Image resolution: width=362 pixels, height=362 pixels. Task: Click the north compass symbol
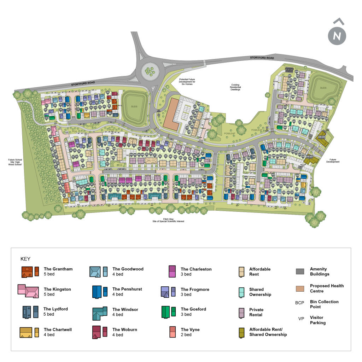[337, 36]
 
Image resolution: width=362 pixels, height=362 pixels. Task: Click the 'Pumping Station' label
[290, 70]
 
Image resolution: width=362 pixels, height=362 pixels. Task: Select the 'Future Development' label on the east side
[333, 160]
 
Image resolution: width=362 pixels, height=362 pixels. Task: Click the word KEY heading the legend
[25, 259]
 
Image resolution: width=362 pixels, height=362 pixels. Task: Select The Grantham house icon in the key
[30, 271]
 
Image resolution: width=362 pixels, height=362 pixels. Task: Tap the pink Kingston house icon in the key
[28, 291]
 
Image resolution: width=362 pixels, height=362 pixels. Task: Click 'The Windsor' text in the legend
[125, 309]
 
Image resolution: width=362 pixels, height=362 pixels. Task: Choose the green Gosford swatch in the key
[168, 311]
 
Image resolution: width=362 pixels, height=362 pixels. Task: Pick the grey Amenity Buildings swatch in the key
[300, 271]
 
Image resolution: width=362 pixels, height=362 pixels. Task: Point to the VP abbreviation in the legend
[301, 319]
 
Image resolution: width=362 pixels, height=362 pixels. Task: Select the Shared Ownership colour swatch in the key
[242, 292]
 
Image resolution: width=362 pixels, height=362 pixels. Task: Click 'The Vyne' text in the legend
[190, 329]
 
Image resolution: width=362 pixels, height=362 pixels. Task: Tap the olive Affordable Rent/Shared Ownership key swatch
[242, 332]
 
